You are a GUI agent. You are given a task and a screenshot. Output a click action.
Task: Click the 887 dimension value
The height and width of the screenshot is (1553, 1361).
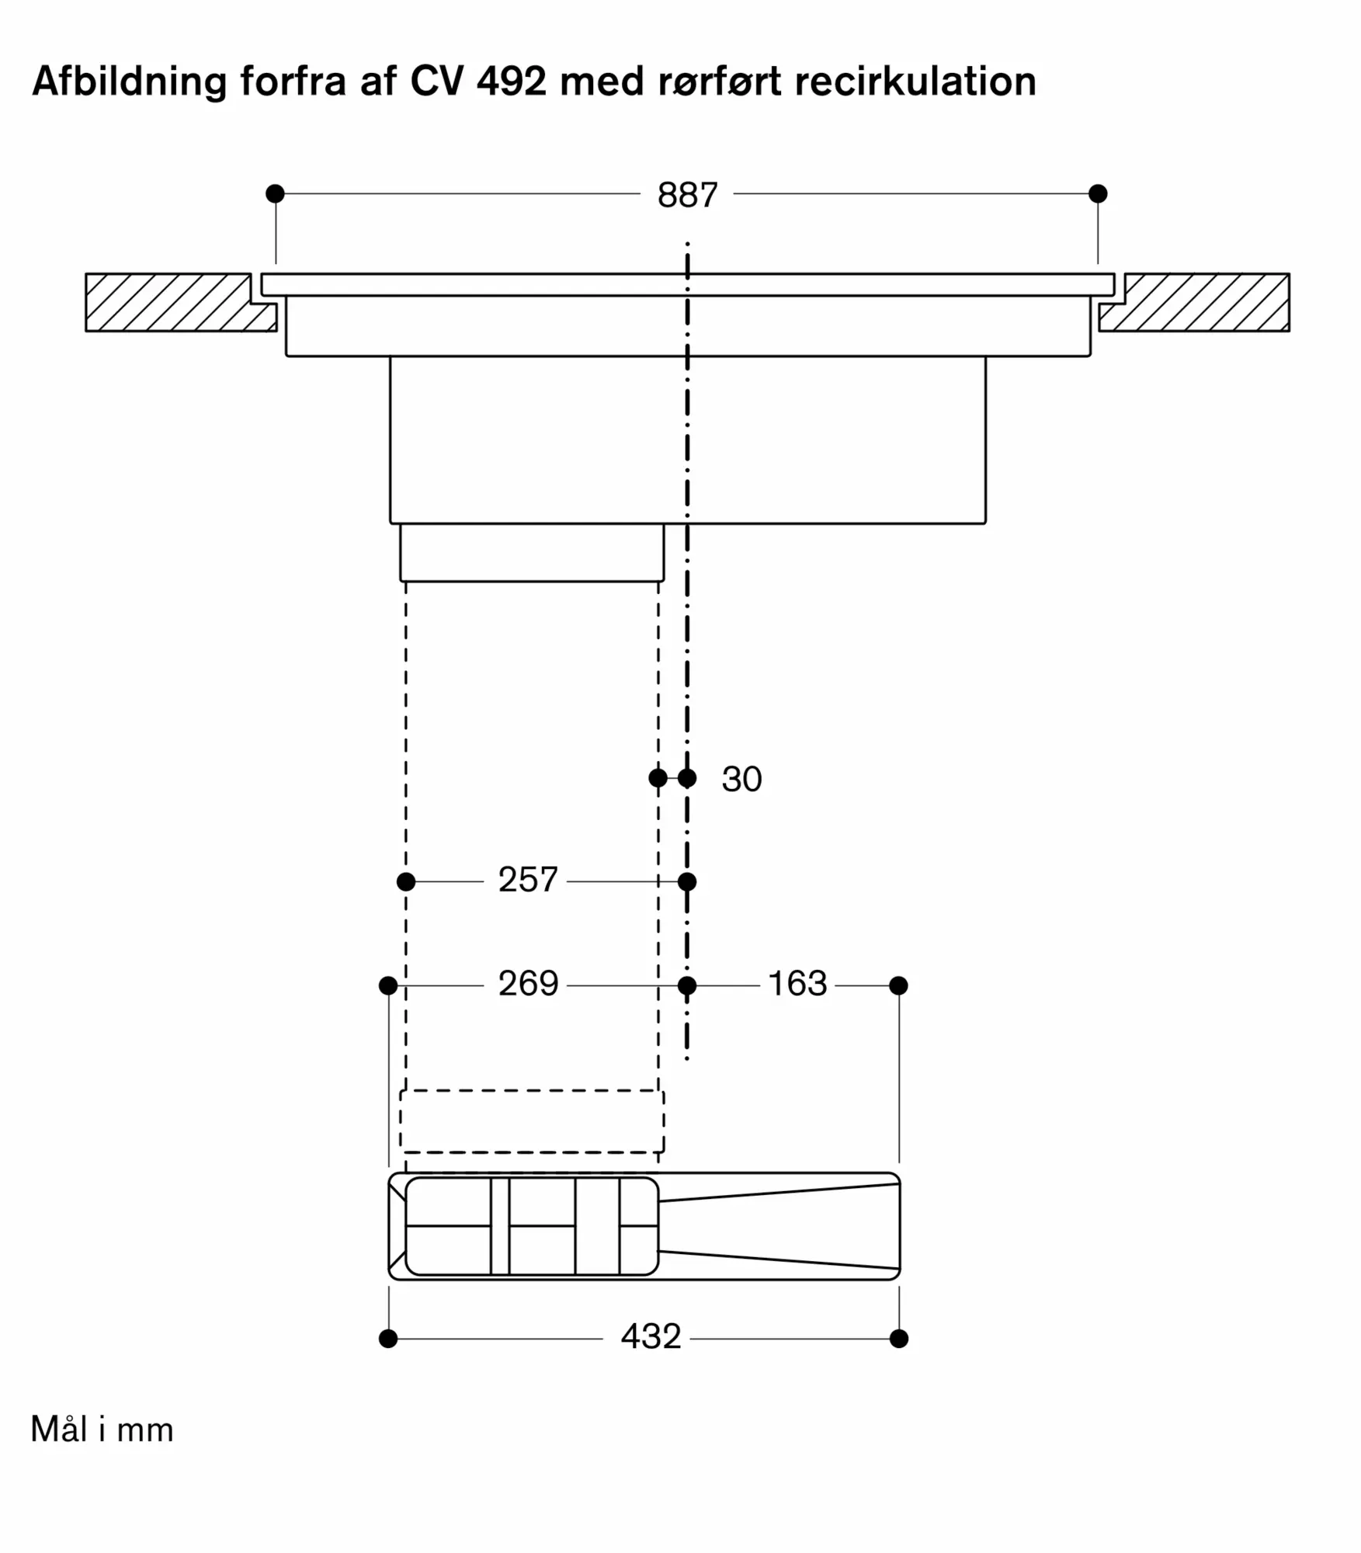tap(687, 195)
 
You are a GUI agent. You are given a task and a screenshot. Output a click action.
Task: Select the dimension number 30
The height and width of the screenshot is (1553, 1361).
tap(741, 779)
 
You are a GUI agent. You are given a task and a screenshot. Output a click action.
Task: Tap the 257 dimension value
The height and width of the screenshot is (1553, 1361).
tap(528, 880)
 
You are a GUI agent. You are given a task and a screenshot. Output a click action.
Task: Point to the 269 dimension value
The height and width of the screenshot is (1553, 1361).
tap(528, 984)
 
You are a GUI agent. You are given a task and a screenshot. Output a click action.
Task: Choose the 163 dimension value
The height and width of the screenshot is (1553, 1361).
tap(797, 984)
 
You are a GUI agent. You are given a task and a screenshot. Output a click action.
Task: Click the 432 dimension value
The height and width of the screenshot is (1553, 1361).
tap(651, 1336)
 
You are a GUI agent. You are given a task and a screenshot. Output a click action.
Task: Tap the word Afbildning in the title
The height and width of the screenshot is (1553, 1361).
tap(129, 82)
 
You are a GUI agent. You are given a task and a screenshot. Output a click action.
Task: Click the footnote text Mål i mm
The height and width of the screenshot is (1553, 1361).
tap(102, 1430)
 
